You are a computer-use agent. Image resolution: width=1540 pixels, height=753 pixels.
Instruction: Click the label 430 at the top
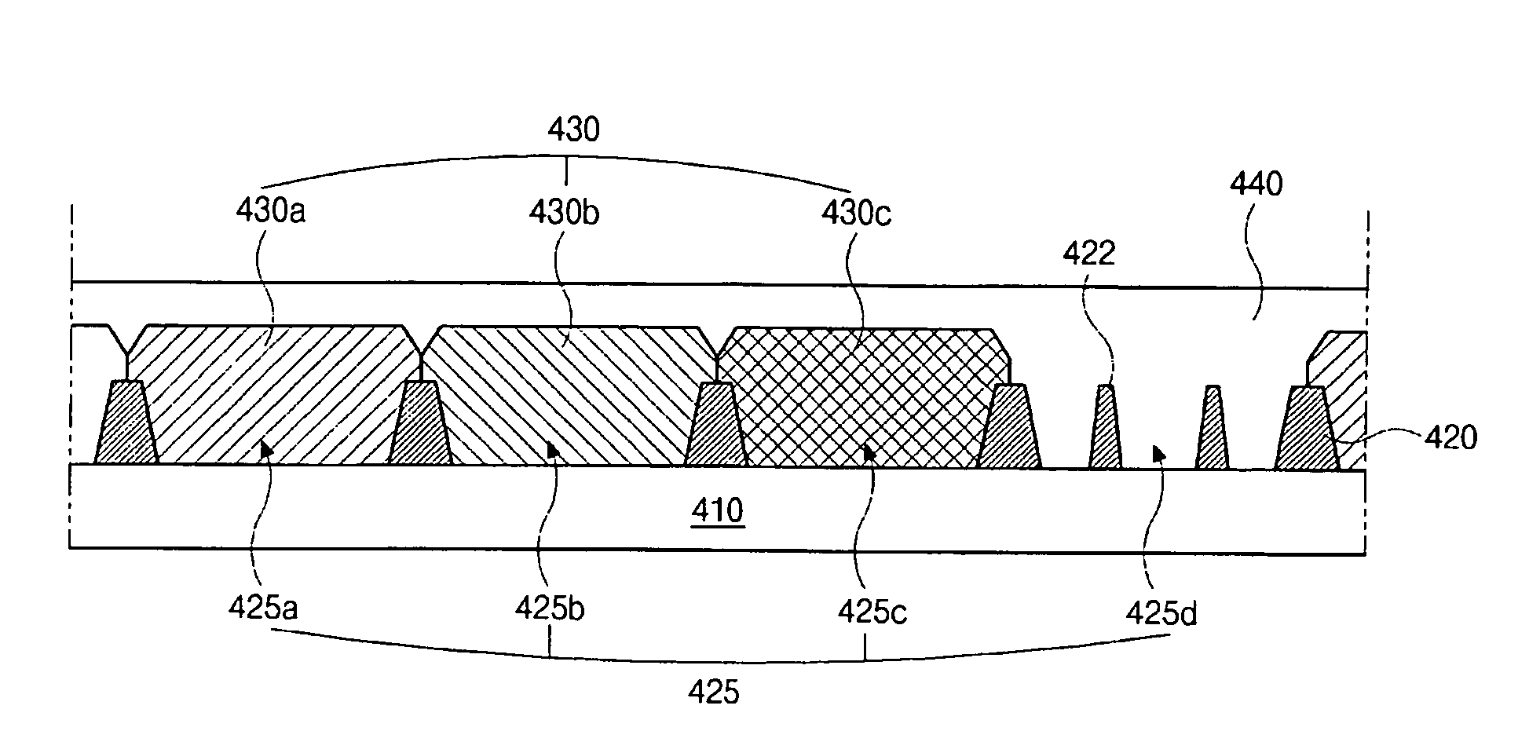pyautogui.click(x=573, y=129)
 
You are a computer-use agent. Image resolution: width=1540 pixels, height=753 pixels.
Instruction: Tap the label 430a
pyautogui.click(x=270, y=212)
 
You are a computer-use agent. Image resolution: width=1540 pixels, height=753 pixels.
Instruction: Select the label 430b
pyautogui.click(x=563, y=212)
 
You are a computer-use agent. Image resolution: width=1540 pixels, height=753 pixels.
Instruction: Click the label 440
pyautogui.click(x=1256, y=185)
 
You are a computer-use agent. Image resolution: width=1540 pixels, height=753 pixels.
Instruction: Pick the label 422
pyautogui.click(x=1088, y=254)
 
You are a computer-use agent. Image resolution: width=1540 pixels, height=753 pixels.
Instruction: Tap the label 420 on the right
pyautogui.click(x=1450, y=437)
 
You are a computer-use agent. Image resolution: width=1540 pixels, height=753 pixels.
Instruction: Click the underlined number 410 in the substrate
pyautogui.click(x=718, y=511)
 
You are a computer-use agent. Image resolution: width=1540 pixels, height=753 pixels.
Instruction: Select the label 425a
pyautogui.click(x=263, y=608)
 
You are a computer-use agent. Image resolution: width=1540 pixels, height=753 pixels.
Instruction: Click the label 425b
pyautogui.click(x=550, y=608)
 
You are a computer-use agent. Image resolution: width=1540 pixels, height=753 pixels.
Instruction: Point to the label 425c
pyautogui.click(x=872, y=611)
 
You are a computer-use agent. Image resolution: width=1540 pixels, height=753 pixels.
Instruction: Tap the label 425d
pyautogui.click(x=1161, y=612)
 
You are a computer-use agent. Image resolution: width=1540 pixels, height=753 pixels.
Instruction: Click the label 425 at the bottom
pyautogui.click(x=714, y=693)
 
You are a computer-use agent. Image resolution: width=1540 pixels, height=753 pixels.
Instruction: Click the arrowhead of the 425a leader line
pyautogui.click(x=267, y=448)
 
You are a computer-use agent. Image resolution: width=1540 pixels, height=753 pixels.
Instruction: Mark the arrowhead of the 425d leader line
pyautogui.click(x=1158, y=453)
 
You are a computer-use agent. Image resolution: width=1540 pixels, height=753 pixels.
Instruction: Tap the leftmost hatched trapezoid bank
pyautogui.click(x=126, y=424)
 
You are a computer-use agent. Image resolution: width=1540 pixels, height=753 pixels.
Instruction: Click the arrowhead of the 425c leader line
pyautogui.click(x=869, y=451)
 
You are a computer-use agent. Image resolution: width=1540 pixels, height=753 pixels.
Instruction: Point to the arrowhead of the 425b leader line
pyautogui.click(x=553, y=449)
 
